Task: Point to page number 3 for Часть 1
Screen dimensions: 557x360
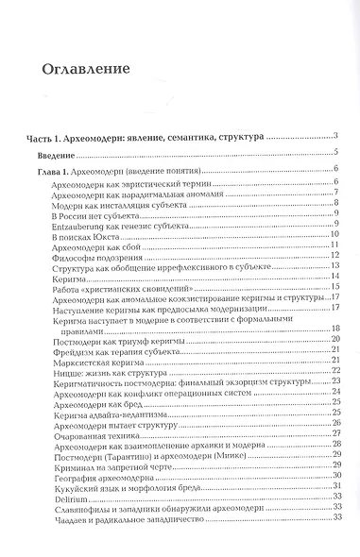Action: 335,138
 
